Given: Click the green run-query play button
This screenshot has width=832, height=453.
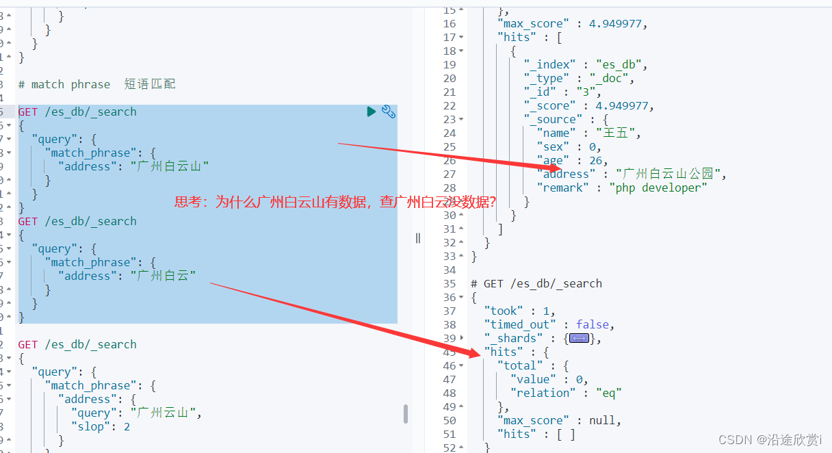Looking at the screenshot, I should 372,112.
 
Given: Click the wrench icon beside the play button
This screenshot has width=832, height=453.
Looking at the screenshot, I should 389,112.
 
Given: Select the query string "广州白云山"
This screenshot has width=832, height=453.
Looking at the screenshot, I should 170,166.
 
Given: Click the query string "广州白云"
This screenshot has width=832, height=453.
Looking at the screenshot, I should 163,276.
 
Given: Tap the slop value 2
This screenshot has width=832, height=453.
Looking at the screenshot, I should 127,426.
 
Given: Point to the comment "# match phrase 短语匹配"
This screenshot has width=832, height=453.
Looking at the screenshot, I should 96,84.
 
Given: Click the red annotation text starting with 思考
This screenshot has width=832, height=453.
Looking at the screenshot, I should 335,202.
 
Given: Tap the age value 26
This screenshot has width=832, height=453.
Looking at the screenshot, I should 597,160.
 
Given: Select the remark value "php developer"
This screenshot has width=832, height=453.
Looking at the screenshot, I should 658,187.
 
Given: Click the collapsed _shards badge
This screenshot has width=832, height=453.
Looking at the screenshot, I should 579,338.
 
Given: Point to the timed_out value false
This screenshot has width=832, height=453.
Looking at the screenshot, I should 595,324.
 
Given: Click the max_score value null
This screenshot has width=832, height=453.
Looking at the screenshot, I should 603,420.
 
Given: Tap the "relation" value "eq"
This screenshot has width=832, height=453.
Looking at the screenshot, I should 608,393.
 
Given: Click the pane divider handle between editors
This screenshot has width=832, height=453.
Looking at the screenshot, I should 417,238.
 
